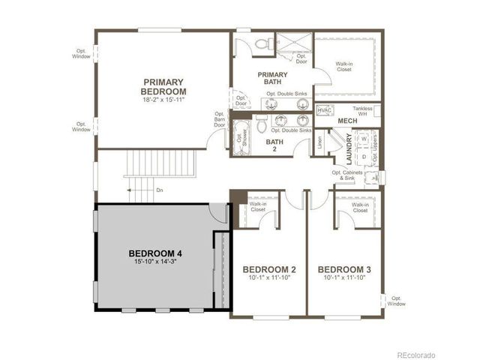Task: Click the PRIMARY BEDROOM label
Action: click(163, 86)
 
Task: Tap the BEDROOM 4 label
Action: click(155, 253)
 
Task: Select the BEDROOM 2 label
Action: click(269, 268)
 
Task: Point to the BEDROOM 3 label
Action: click(344, 268)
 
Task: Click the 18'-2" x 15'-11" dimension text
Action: click(163, 99)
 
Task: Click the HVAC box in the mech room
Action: click(325, 110)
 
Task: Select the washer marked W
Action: click(364, 139)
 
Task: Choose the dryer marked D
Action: click(364, 156)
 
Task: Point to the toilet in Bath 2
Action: click(262, 121)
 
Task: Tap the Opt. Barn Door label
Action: click(220, 119)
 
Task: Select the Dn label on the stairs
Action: click(160, 190)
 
